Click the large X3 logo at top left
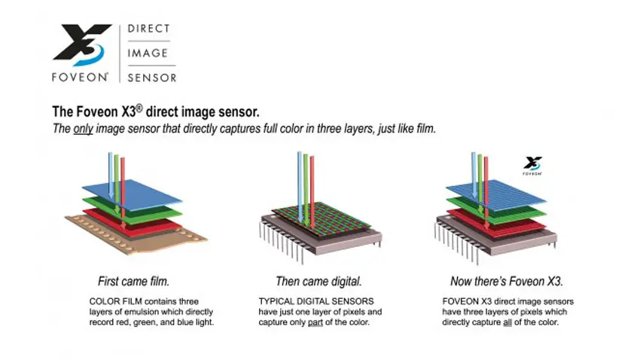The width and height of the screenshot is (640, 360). click(x=81, y=44)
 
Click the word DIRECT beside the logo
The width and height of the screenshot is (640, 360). click(x=148, y=29)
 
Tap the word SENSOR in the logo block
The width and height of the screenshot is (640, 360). click(x=152, y=78)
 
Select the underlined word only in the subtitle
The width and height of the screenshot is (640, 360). click(x=84, y=129)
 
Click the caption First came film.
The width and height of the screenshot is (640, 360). click(x=133, y=281)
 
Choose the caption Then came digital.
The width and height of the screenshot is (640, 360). click(x=318, y=281)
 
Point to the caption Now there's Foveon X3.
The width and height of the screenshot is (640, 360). click(x=507, y=281)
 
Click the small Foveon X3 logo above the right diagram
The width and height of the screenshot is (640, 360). click(x=532, y=166)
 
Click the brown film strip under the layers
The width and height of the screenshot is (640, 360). click(x=137, y=236)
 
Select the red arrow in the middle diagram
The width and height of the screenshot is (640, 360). click(x=312, y=193)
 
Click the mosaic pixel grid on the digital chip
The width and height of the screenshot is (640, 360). click(x=322, y=219)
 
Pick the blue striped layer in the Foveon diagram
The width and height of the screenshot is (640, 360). click(x=496, y=195)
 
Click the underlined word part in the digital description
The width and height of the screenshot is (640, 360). click(x=315, y=322)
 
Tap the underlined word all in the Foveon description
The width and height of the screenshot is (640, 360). click(x=507, y=322)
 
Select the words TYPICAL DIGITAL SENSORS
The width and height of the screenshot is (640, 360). click(x=316, y=302)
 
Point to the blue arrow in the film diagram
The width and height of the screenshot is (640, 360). click(x=111, y=175)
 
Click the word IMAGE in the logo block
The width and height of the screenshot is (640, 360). click(x=148, y=53)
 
